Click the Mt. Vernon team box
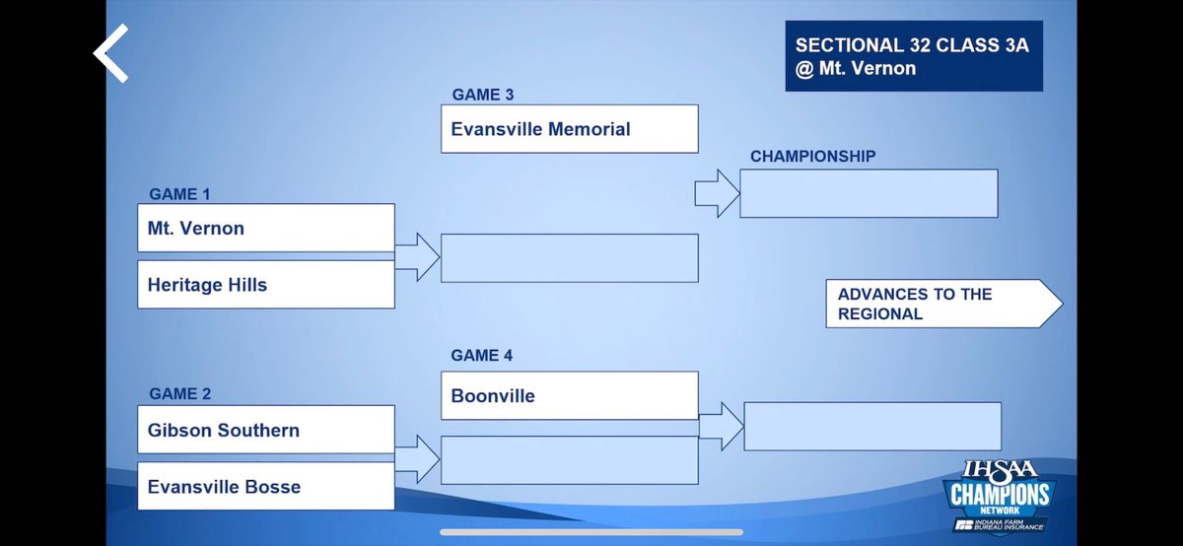point(266,228)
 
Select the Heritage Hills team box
point(266,285)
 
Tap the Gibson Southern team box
point(266,430)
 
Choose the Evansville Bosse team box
point(266,486)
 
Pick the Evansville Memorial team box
point(569,129)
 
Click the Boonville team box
point(569,395)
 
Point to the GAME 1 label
point(179,194)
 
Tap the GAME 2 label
point(179,394)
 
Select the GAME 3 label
point(483,95)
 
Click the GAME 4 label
point(483,355)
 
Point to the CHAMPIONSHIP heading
point(812,156)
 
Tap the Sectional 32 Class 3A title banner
point(913,57)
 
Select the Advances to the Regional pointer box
point(941,304)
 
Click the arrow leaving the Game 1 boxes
point(417,257)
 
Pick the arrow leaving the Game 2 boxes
point(417,459)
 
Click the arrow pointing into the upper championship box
point(717,193)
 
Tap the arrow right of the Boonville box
point(721,425)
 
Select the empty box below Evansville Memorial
point(569,258)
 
